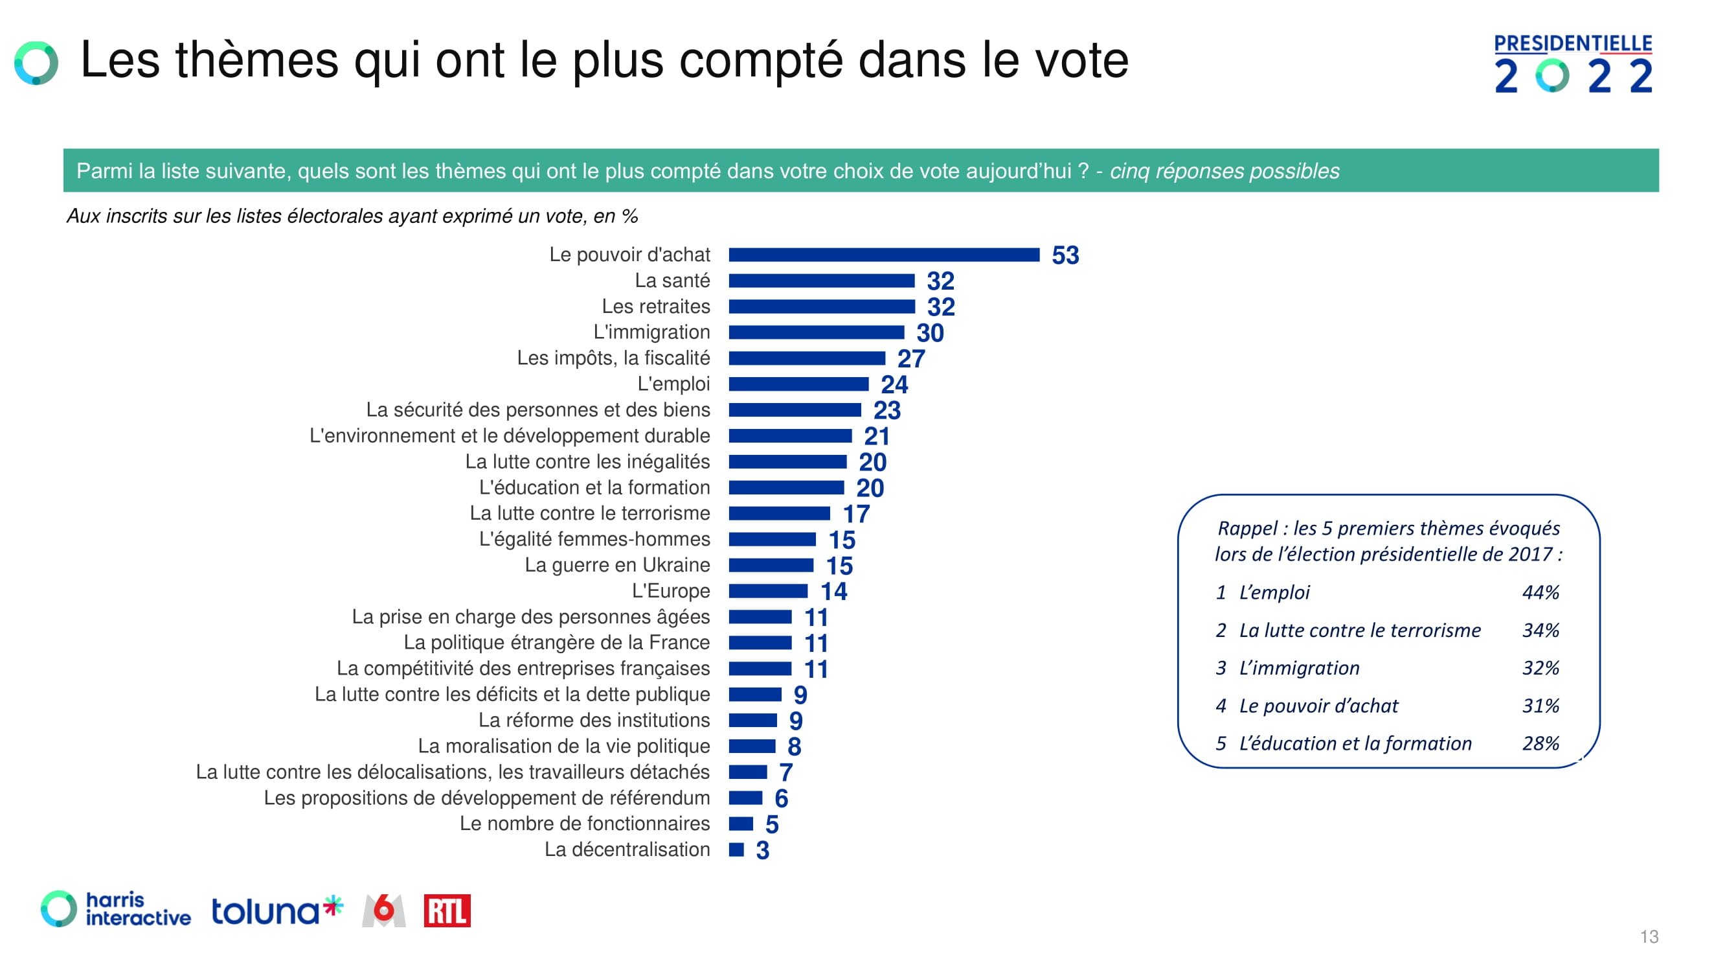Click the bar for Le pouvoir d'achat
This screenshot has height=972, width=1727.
884,255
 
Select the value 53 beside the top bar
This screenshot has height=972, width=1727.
1065,255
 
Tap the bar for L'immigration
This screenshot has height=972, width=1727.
816,332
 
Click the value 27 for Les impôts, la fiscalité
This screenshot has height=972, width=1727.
910,359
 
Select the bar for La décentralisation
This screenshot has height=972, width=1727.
736,850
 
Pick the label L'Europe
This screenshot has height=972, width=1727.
670,591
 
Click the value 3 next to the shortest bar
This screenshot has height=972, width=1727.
762,851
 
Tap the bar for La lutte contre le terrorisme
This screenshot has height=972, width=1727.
779,514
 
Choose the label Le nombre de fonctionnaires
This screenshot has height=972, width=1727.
584,824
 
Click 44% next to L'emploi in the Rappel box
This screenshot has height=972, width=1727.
1540,592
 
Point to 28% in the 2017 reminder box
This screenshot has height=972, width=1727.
1540,743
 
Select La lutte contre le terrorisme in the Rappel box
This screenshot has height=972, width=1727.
1360,631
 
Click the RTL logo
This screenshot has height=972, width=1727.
447,911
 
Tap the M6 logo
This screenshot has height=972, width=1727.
383,911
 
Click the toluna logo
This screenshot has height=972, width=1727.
277,911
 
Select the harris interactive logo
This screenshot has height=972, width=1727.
116,910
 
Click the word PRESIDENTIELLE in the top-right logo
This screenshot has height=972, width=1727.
1572,43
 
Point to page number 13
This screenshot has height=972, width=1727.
1649,936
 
